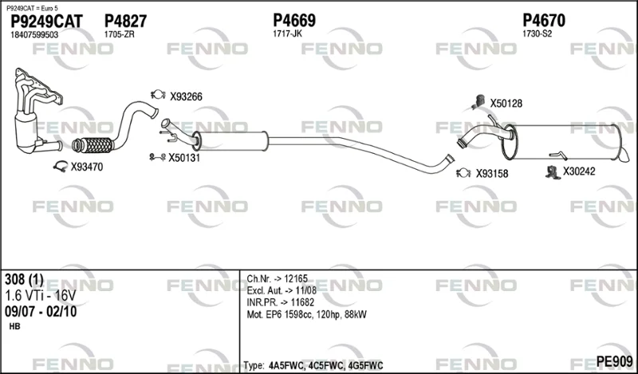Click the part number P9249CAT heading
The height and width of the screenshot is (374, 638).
click(46, 22)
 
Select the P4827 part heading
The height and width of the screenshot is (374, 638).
click(125, 22)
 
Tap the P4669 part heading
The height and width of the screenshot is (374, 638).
click(294, 21)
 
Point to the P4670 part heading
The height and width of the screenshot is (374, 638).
click(544, 21)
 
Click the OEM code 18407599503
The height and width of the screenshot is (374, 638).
click(34, 35)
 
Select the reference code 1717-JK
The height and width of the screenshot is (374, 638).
click(287, 33)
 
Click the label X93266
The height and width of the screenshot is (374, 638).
click(186, 96)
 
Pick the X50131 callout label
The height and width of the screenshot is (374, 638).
click(184, 158)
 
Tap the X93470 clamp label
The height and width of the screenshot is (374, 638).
click(87, 167)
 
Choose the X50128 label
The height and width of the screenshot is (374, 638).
click(506, 104)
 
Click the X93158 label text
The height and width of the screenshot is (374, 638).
click(492, 174)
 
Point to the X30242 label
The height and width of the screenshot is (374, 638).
click(579, 171)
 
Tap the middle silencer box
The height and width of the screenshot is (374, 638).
click(230, 141)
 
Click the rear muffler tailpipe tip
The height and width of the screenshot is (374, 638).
click(624, 156)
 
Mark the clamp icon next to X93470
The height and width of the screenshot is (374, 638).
click(61, 166)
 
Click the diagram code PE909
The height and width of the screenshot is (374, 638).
click(614, 361)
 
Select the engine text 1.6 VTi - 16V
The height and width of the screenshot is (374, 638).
click(41, 296)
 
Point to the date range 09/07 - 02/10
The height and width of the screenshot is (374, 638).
click(41, 312)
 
